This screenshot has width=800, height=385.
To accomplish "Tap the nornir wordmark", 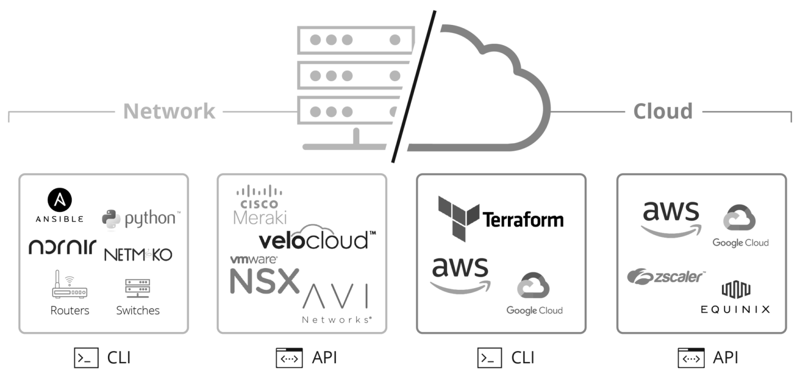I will tap(62, 246).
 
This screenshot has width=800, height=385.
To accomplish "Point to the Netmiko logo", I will tap(138, 254).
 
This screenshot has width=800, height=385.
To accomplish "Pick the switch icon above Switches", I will tap(137, 288).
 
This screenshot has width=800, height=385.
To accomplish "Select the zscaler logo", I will tap(666, 276).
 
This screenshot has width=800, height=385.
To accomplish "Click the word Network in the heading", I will tap(169, 111).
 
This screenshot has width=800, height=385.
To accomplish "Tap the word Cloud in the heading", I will tap(662, 111).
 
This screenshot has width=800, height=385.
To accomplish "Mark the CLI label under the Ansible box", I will tap(118, 358).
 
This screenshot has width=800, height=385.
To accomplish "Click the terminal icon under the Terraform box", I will tap(490, 358).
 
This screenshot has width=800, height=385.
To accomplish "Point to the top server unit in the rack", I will tap(356, 40).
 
